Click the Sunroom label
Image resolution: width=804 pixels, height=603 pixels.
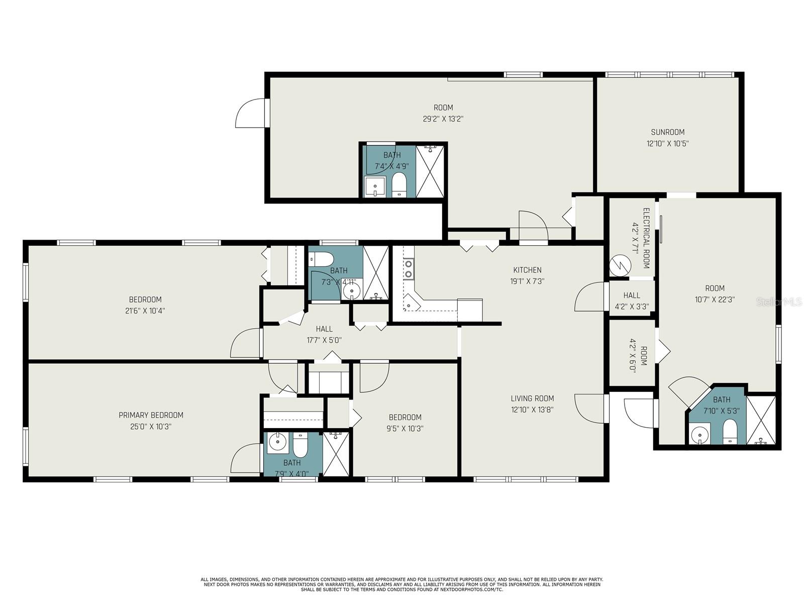pos(667,132)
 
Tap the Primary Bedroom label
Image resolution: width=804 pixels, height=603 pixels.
pos(151,415)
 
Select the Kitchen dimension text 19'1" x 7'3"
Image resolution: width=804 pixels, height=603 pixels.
pos(527,281)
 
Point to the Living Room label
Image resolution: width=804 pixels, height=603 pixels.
pos(532,398)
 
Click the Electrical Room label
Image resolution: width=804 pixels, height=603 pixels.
pos(646,238)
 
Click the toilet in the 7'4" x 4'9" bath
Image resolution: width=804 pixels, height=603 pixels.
pos(399,185)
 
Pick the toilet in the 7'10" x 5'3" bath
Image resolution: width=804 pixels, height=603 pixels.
pos(730,432)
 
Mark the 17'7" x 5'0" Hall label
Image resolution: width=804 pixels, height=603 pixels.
pos(324,329)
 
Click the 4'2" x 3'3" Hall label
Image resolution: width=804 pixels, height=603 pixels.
pos(632,295)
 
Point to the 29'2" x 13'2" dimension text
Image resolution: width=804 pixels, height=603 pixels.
pos(443,119)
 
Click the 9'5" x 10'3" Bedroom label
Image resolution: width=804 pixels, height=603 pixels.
pos(405,418)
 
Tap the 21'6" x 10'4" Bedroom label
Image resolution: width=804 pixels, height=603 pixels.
pos(145,299)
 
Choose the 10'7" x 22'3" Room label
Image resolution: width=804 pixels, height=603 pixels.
pos(715,288)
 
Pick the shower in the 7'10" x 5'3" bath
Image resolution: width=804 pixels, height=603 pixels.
pos(761,420)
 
